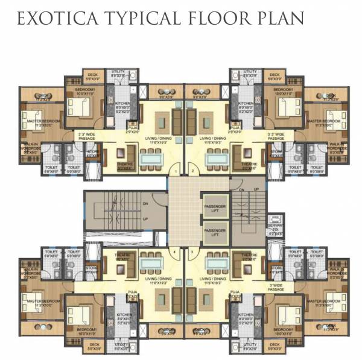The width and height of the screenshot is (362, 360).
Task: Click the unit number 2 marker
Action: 192,172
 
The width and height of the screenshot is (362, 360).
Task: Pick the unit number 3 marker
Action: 192,249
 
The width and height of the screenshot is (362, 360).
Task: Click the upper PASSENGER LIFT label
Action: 215,206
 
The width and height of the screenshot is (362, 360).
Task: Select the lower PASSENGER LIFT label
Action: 215,231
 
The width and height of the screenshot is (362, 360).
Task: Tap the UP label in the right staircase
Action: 256,189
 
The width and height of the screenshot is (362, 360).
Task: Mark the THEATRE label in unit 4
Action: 124,255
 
